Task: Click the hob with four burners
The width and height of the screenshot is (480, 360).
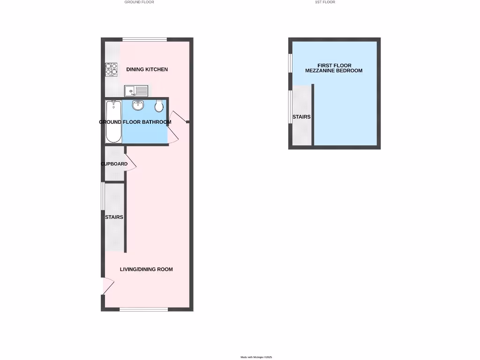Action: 111,69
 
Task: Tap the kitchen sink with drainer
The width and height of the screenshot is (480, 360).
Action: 136,90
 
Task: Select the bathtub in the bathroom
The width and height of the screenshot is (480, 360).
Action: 113,121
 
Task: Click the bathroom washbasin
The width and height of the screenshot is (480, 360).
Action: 138,105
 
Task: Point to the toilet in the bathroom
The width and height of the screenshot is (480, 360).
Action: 159,106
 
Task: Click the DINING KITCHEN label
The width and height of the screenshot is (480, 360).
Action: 147,69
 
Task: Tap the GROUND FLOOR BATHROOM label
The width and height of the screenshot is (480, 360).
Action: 135,122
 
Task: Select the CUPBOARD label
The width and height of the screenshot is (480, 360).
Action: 114,164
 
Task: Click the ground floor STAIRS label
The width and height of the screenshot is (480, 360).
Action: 114,217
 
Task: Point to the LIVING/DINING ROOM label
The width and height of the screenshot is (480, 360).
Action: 146,269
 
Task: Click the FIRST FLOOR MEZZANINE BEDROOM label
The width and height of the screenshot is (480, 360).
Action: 334,68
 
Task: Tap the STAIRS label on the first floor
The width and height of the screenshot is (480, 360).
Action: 301,117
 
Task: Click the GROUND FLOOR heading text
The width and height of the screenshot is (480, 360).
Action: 139,2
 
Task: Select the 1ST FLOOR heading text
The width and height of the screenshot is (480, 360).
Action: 325,2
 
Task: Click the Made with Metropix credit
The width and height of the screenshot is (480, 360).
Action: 256,357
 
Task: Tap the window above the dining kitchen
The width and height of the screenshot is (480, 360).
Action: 144,39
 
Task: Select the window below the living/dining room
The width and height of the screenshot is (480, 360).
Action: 143,309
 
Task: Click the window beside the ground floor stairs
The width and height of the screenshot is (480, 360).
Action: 103,196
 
